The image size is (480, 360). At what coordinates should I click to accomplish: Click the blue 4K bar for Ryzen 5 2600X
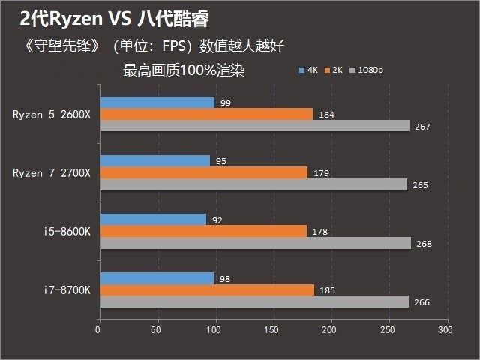pos(157,102)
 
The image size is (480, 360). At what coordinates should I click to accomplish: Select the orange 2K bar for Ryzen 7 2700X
pos(203,172)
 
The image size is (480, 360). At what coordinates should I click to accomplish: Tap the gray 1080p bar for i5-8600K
pos(255,243)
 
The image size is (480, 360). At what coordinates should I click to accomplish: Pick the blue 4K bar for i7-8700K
pos(156,278)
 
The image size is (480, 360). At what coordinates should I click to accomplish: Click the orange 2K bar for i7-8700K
pos(206,289)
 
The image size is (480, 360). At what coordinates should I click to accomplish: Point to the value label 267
pos(422,127)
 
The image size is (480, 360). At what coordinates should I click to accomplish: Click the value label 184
pos(326,115)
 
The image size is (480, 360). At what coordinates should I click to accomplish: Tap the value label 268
pos(424,244)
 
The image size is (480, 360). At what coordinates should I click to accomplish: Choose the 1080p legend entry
pos(367,70)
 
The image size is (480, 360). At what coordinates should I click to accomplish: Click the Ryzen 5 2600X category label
pos(51,115)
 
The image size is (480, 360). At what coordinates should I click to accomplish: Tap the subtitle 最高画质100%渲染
pos(184,70)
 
